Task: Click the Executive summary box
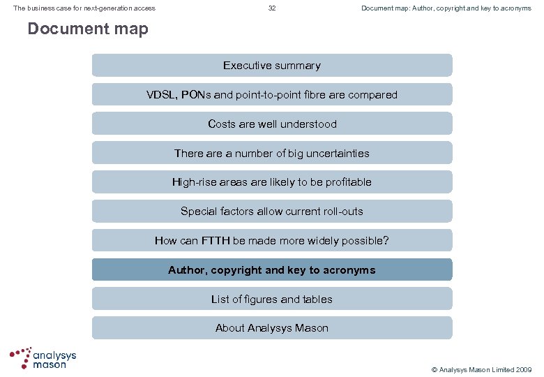point(272,66)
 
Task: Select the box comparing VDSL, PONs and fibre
point(272,95)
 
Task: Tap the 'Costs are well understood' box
point(272,124)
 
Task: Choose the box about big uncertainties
point(272,153)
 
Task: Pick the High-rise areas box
point(272,182)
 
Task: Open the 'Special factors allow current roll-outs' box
point(272,211)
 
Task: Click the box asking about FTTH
point(272,241)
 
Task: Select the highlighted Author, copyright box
point(272,270)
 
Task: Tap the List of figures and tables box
point(272,300)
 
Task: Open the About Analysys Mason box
point(272,328)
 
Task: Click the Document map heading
point(88,29)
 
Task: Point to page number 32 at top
point(272,8)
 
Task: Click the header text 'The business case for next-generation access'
point(84,8)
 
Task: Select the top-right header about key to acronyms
point(446,8)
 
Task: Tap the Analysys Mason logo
point(43,358)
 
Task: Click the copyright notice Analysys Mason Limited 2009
point(481,369)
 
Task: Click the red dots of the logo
point(21,356)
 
